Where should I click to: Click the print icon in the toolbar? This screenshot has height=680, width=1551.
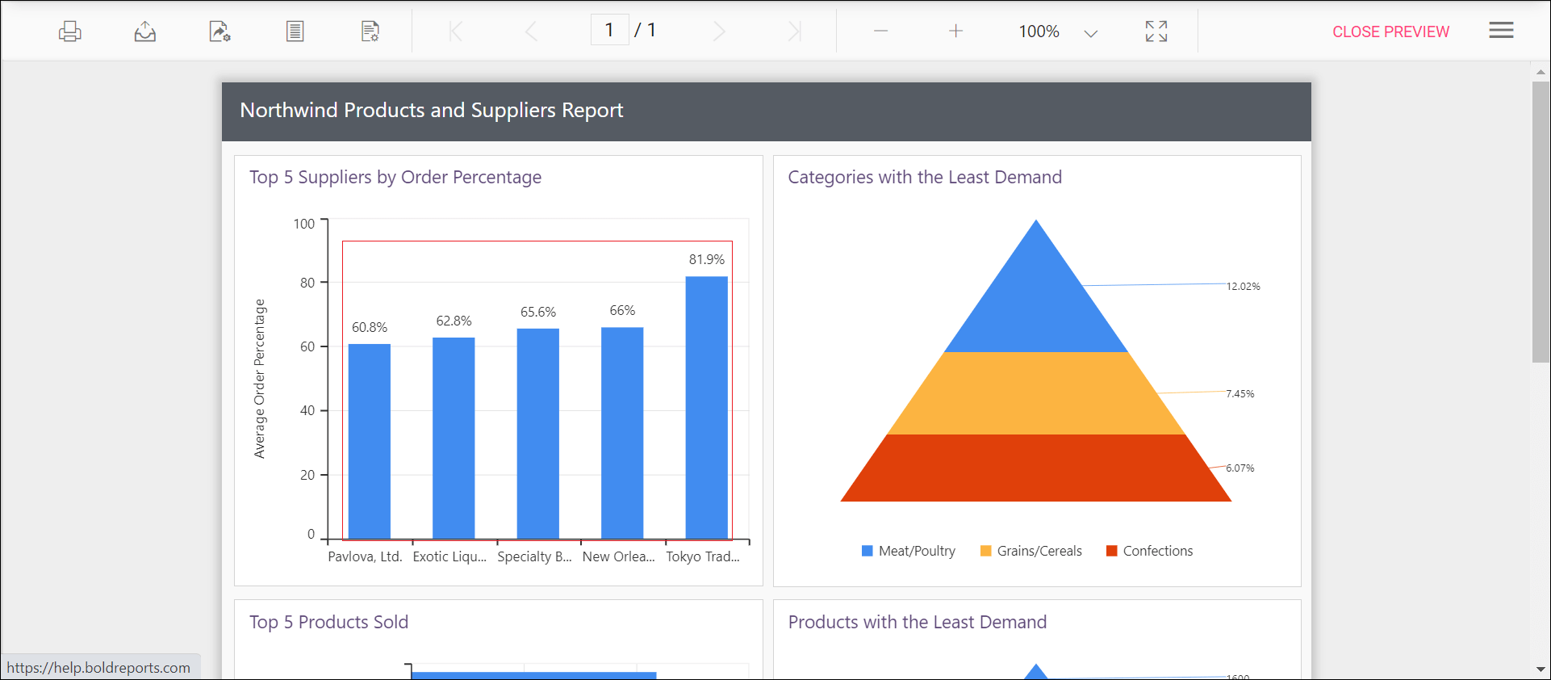70,31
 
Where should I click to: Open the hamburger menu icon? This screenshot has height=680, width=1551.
1501,31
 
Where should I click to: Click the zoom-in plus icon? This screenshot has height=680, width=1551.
955,31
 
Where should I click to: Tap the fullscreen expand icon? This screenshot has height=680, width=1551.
1156,31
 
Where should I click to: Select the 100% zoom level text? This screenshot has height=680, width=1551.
1039,31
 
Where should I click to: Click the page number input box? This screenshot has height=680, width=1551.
609,31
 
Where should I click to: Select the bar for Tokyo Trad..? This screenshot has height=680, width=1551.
706,407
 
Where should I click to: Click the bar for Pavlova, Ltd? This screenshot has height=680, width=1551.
370,441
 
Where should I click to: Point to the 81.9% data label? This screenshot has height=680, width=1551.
706,259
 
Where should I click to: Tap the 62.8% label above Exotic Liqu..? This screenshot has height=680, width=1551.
454,321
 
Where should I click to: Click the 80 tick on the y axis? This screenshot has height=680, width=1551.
307,283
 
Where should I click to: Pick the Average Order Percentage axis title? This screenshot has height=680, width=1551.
260,379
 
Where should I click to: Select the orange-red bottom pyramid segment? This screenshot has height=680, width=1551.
1035,468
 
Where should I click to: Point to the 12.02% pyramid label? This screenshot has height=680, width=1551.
1243,286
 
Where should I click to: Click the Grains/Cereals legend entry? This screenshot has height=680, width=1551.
1031,551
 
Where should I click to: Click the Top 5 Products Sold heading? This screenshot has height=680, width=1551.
328,622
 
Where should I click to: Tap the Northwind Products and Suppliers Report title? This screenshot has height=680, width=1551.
431,110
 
